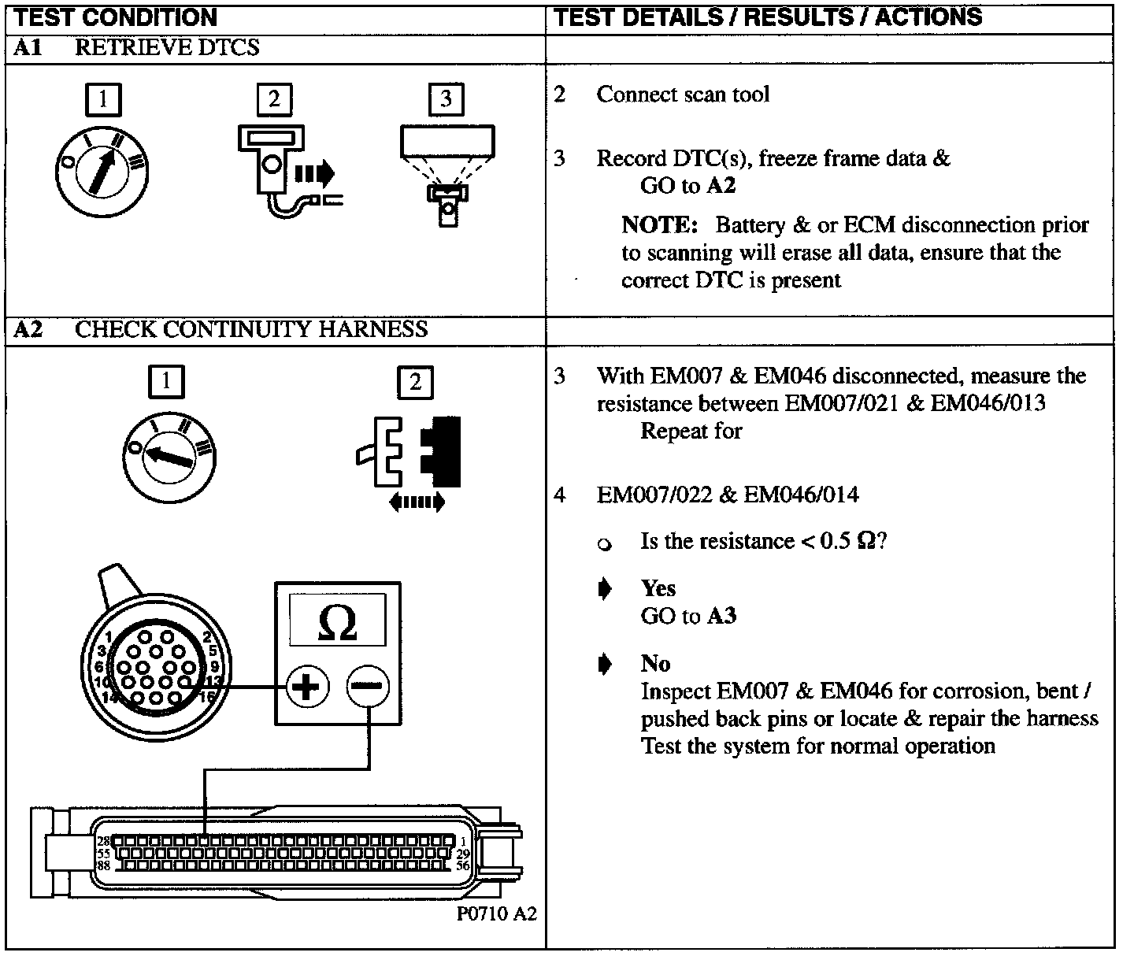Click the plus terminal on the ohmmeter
pyautogui.click(x=307, y=687)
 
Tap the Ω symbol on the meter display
pyautogui.click(x=337, y=621)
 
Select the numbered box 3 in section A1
pyautogui.click(x=446, y=100)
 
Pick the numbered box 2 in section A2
pyautogui.click(x=415, y=383)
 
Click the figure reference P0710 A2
pyautogui.click(x=496, y=913)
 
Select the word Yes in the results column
pyautogui.click(x=658, y=588)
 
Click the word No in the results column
pyautogui.click(x=655, y=663)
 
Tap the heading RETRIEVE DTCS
pyautogui.click(x=167, y=48)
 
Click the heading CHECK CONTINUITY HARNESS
pyautogui.click(x=251, y=329)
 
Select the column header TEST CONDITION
pyautogui.click(x=116, y=17)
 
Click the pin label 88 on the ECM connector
pyautogui.click(x=103, y=865)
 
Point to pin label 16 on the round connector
pyautogui.click(x=209, y=696)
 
